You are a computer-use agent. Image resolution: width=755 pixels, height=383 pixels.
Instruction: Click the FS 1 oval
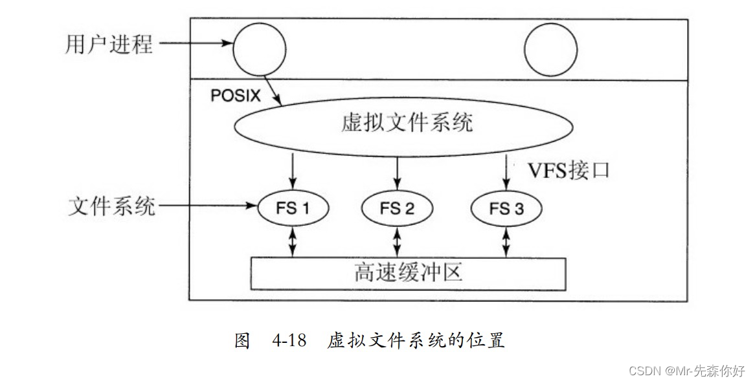click(293, 208)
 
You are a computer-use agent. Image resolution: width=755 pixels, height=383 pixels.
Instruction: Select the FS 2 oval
click(397, 208)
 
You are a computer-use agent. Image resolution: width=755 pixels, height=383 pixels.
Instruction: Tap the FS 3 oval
click(506, 208)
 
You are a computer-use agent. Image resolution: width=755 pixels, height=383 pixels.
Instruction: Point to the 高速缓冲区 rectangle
click(408, 274)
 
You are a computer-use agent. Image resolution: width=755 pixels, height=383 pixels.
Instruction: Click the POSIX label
click(236, 96)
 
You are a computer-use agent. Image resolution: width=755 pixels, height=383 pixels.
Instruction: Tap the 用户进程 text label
click(109, 45)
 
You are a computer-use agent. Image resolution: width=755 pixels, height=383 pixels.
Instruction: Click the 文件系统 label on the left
click(112, 207)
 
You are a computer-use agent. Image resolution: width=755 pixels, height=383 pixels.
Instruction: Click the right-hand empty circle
click(550, 50)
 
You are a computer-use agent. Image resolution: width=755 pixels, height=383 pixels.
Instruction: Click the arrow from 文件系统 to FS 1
click(206, 207)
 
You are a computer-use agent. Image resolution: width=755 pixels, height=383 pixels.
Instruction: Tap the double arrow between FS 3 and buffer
click(506, 241)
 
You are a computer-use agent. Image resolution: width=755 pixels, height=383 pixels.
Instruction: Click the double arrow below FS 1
click(293, 241)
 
